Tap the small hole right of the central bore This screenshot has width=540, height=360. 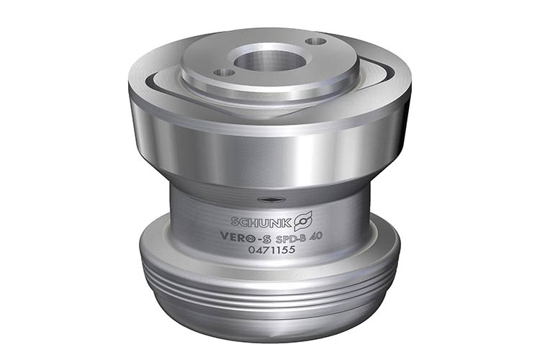tap(316, 41)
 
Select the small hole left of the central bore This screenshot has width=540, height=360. tap(224, 72)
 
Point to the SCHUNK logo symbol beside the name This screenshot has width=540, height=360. tap(303, 220)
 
